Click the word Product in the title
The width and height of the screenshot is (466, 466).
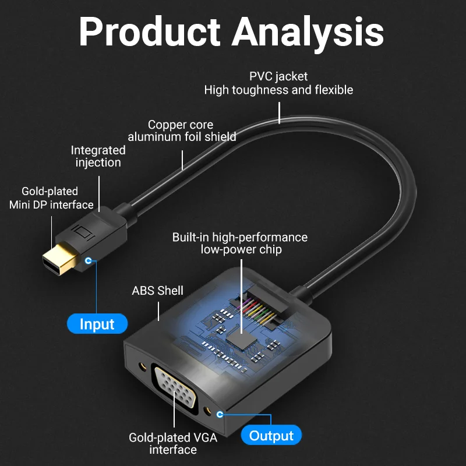(x=149, y=32)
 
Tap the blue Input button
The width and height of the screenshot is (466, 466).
(x=97, y=324)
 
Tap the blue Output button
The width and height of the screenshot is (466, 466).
(x=271, y=435)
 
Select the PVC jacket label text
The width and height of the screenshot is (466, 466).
(x=278, y=76)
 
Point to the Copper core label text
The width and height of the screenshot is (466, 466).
(x=181, y=125)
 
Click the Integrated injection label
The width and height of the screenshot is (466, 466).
(x=98, y=156)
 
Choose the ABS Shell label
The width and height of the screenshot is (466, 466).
(x=157, y=291)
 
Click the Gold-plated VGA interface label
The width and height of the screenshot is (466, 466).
(x=173, y=443)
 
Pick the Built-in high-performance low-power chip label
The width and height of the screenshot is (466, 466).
(x=240, y=243)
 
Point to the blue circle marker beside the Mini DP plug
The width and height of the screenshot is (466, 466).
(x=89, y=260)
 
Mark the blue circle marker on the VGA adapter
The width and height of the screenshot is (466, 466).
(x=220, y=415)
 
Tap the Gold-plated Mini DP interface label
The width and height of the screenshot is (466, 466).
(x=51, y=198)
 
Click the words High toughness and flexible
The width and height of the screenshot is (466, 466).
(x=278, y=90)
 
